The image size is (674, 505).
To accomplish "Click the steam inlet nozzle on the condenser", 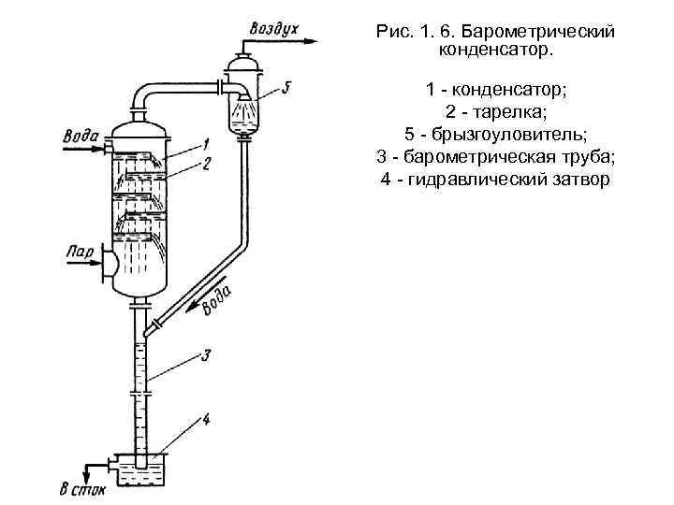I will [109, 264].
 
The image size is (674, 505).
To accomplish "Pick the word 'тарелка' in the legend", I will [500, 113].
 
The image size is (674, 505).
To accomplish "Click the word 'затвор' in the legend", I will [581, 178].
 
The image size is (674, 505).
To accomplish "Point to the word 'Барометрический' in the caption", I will [538, 32].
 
